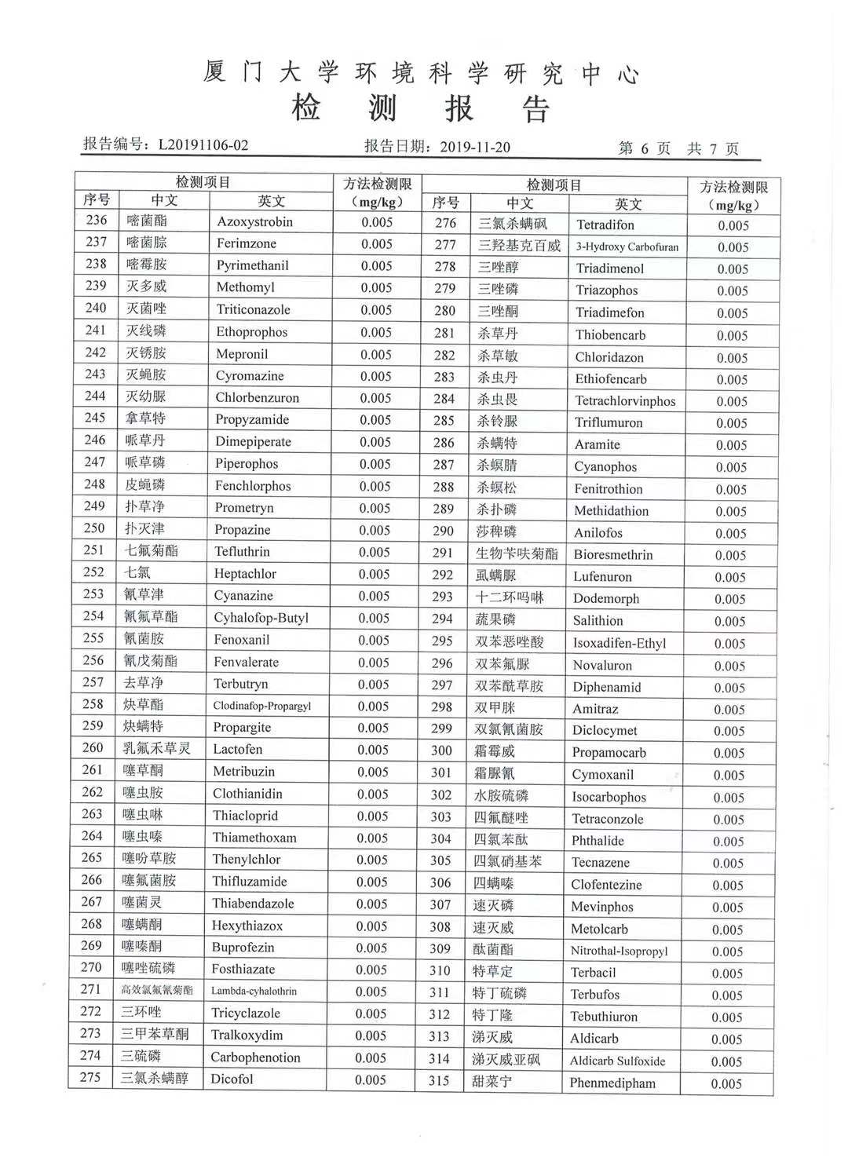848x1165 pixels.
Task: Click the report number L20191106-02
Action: pos(203,145)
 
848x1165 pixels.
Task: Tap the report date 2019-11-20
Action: pos(475,147)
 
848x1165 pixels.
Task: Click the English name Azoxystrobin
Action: pos(254,222)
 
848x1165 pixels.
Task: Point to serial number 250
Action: pos(94,528)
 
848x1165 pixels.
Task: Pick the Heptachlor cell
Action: pos(245,574)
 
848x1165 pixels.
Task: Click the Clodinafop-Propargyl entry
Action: pos(261,706)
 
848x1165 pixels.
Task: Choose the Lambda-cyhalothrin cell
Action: pos(254,992)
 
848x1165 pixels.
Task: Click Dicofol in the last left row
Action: pos(232,1079)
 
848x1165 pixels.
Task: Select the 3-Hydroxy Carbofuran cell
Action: pos(627,247)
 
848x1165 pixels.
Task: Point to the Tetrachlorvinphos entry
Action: pos(625,401)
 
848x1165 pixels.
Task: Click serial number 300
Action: pos(441,751)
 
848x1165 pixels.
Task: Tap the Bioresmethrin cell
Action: pos(613,555)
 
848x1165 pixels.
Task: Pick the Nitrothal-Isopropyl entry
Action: pos(619,951)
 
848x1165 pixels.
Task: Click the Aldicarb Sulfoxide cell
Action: pos(617,1061)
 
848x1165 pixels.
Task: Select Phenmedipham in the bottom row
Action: pos(612,1083)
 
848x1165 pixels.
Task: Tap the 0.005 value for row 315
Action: pos(726,1084)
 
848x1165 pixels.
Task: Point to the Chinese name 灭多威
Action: pos(146,286)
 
